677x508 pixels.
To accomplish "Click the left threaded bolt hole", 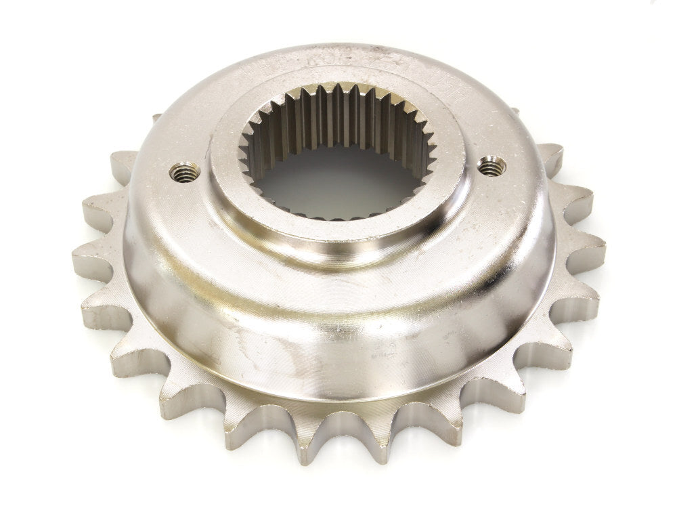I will [184, 172].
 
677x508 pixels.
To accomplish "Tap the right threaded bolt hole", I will [492, 165].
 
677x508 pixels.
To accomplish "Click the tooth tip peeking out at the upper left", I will [156, 119].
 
